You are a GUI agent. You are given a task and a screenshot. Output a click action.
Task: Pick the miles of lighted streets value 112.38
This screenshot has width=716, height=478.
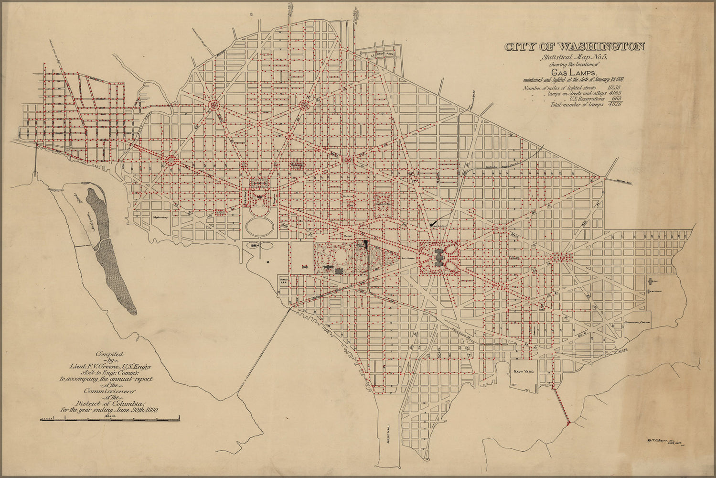click(x=614, y=87)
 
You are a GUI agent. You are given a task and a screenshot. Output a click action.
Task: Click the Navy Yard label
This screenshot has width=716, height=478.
click(x=524, y=370)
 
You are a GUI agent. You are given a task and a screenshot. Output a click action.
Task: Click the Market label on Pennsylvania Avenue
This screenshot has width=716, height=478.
click(x=347, y=236)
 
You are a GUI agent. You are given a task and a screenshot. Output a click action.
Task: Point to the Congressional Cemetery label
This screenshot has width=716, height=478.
click(x=638, y=323)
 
